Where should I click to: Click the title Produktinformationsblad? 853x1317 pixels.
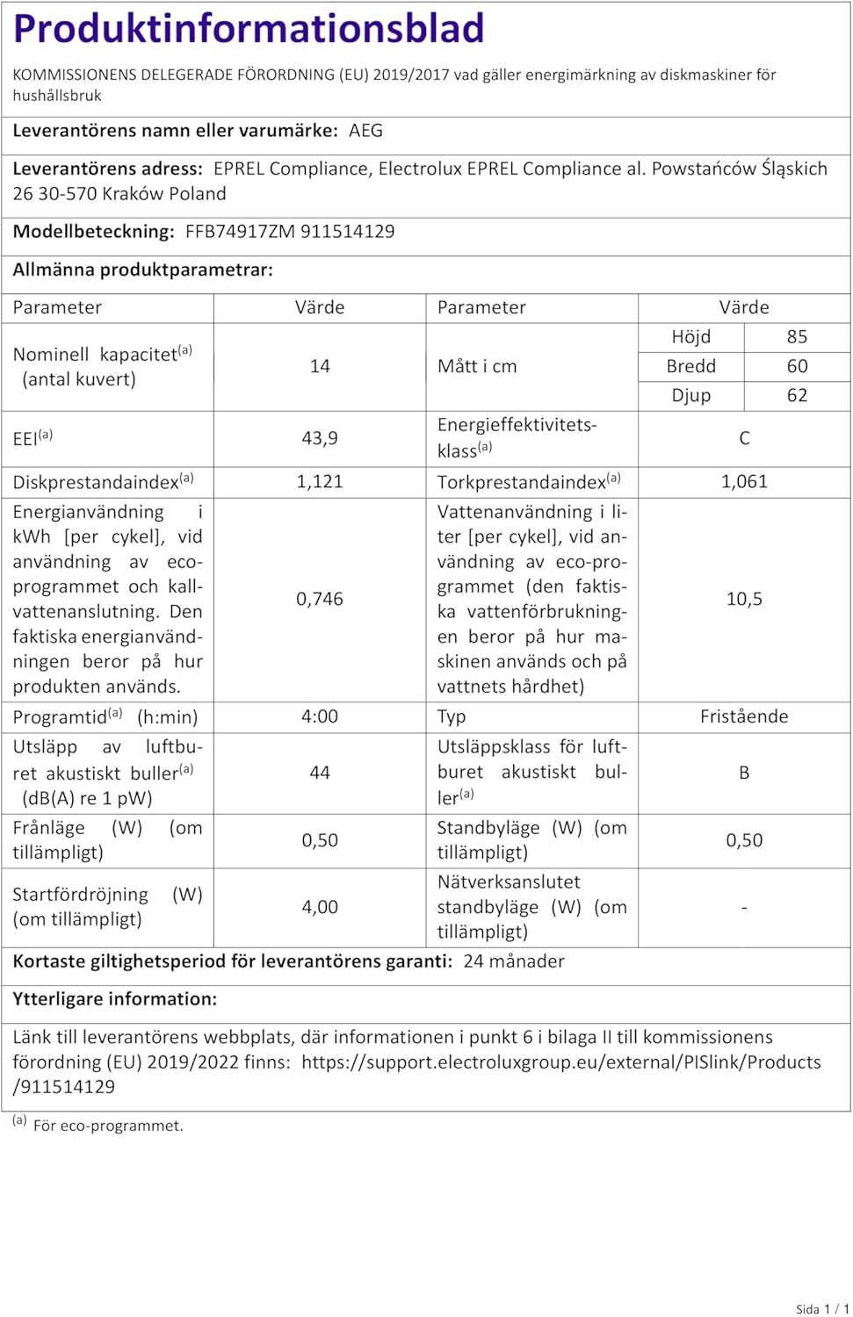249,28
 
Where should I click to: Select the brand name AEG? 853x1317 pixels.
365,131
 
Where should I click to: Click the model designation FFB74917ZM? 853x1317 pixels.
240,232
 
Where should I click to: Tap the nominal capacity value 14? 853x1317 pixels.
320,366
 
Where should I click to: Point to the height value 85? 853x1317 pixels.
797,337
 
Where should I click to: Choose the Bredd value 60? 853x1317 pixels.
797,366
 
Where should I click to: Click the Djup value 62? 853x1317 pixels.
797,395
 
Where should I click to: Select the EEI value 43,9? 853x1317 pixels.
320,438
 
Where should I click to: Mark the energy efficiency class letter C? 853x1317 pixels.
744,438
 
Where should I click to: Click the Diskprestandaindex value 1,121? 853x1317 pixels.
320,481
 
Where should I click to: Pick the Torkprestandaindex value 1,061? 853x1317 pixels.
744,481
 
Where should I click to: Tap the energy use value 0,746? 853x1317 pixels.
320,599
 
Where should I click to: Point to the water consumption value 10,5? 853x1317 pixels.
744,599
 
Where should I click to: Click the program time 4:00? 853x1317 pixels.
320,716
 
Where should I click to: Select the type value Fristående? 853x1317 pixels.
744,716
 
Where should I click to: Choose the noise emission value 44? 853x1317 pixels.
320,773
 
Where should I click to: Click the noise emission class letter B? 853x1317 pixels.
744,773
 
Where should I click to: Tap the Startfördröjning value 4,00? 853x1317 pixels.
320,907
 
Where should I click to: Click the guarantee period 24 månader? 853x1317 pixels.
514,961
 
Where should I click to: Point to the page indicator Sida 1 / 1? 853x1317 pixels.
821,1309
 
